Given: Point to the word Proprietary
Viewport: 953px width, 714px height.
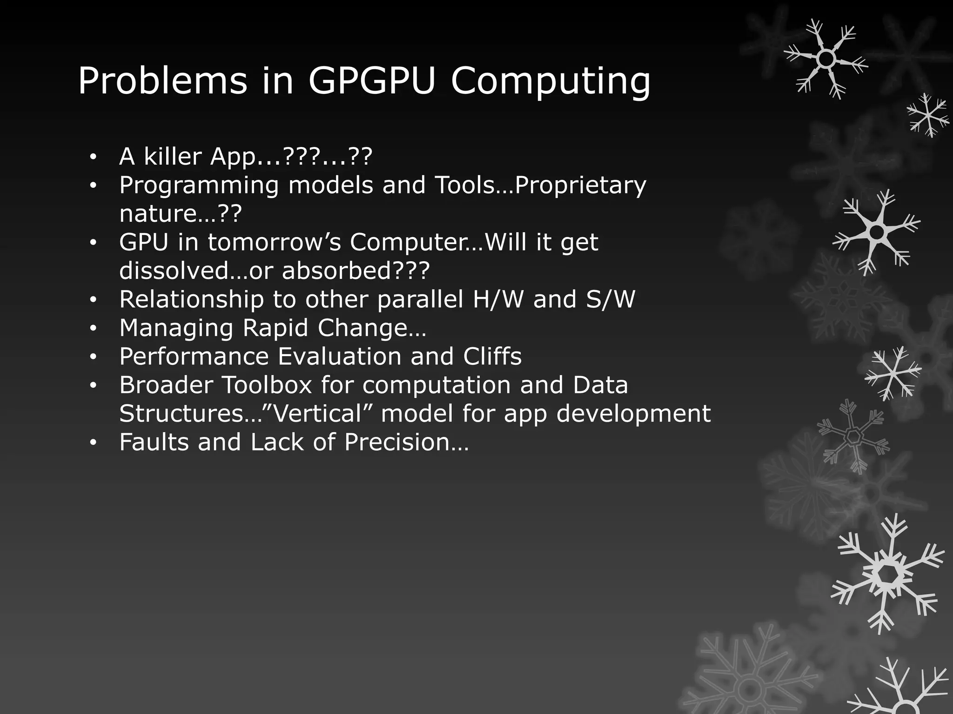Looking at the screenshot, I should [x=581, y=186].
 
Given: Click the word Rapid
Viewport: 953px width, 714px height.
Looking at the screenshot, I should [x=275, y=328].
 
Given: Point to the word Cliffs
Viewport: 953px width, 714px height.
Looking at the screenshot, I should [x=492, y=357].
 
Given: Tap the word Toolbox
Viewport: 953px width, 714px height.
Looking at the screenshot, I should [x=267, y=385].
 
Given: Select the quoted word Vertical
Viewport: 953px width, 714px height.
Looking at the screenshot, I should [x=315, y=414].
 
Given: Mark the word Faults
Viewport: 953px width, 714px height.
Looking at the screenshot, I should [x=154, y=442].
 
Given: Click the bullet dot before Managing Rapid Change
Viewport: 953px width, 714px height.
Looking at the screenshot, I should [x=93, y=329].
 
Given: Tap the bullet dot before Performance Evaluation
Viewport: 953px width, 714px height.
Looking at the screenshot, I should [x=93, y=357].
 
